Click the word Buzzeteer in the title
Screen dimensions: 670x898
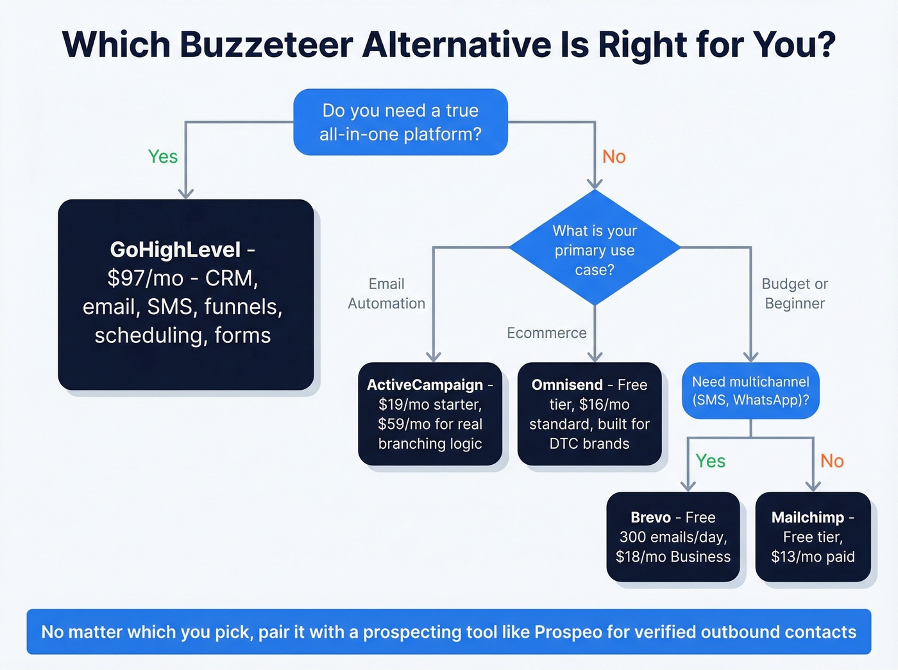click(x=266, y=45)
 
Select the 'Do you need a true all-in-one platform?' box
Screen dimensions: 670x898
click(x=400, y=122)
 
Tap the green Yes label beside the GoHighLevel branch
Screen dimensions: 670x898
click(x=163, y=156)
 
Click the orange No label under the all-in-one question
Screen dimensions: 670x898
click(x=614, y=156)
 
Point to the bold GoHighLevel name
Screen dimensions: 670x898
click(x=175, y=249)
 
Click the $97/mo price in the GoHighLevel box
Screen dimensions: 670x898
click(x=145, y=278)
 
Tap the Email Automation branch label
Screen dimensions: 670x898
click(x=386, y=294)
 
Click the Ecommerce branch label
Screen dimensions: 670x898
click(x=546, y=333)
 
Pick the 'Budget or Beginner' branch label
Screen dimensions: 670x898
click(x=795, y=294)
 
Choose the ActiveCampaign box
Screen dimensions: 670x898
click(x=430, y=414)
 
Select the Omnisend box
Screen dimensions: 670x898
click(x=589, y=414)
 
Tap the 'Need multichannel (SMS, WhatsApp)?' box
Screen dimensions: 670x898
click(x=750, y=390)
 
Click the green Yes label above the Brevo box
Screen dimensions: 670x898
click(x=710, y=461)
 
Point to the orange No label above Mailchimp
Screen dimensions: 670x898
click(x=832, y=461)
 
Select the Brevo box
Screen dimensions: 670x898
click(x=673, y=537)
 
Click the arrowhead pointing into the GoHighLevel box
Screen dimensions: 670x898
click(x=186, y=193)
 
